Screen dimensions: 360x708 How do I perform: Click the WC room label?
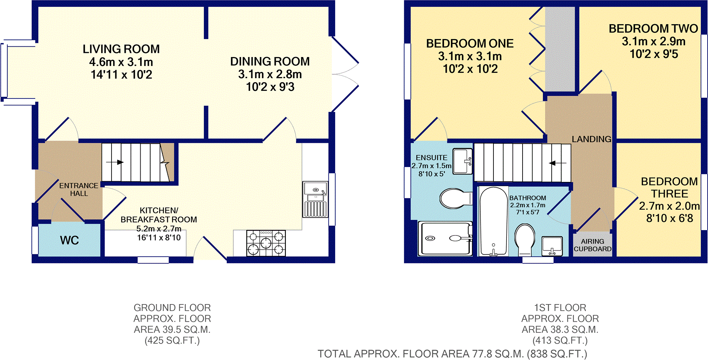point(69,241)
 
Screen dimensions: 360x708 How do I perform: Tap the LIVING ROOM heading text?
point(121,49)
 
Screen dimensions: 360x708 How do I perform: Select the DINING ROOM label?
point(270,61)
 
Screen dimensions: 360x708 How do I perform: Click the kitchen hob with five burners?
point(266,243)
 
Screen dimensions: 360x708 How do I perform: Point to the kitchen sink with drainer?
point(315,200)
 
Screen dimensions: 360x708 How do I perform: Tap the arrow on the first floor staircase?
point(557,163)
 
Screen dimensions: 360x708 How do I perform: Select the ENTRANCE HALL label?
point(79,190)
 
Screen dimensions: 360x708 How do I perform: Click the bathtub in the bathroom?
point(493,221)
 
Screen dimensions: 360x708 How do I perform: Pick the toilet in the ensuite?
point(455,198)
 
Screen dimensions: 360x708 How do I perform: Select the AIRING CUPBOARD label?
point(592,245)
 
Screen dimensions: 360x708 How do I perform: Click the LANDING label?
point(591,139)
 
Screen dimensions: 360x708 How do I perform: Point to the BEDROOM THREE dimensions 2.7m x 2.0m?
point(669,206)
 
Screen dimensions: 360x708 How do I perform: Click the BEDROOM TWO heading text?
point(653,29)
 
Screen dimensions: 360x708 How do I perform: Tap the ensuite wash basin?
point(462,161)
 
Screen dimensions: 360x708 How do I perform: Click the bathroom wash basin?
point(552,246)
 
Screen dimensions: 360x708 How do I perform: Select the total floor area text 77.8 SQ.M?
point(452,354)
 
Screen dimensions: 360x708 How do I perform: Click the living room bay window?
point(5,70)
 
